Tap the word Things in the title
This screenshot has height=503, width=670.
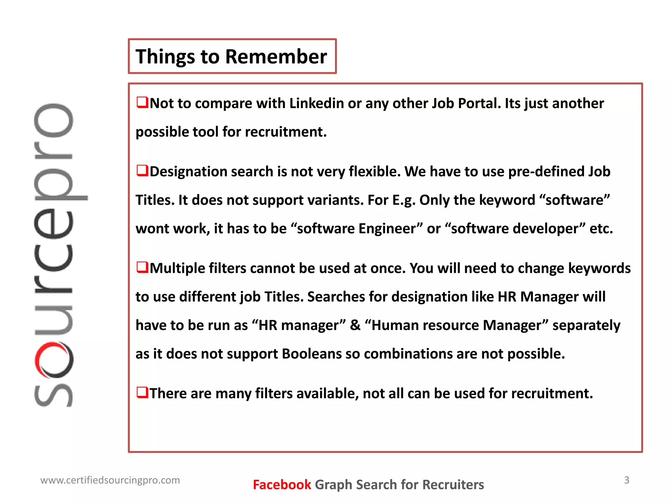[165, 57]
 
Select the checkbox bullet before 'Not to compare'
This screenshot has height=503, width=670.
[142, 102]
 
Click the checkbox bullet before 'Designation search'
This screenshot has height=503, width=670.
[142, 170]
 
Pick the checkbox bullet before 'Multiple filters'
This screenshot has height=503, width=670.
[142, 267]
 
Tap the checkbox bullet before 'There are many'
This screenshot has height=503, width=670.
[142, 392]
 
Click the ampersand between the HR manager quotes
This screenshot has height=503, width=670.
[355, 325]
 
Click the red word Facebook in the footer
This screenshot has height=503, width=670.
[282, 485]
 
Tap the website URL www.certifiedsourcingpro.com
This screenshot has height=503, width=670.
[110, 480]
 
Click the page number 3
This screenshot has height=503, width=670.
[626, 480]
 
